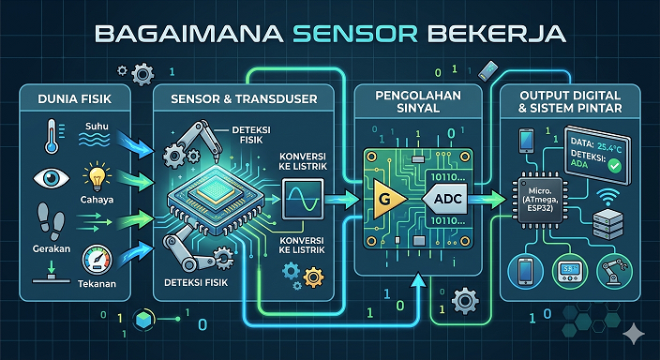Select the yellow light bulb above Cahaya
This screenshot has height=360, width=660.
pyautogui.click(x=96, y=175)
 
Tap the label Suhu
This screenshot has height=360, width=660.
pyautogui.click(x=97, y=125)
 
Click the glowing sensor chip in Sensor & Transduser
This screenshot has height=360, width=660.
pyautogui.click(x=215, y=198)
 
